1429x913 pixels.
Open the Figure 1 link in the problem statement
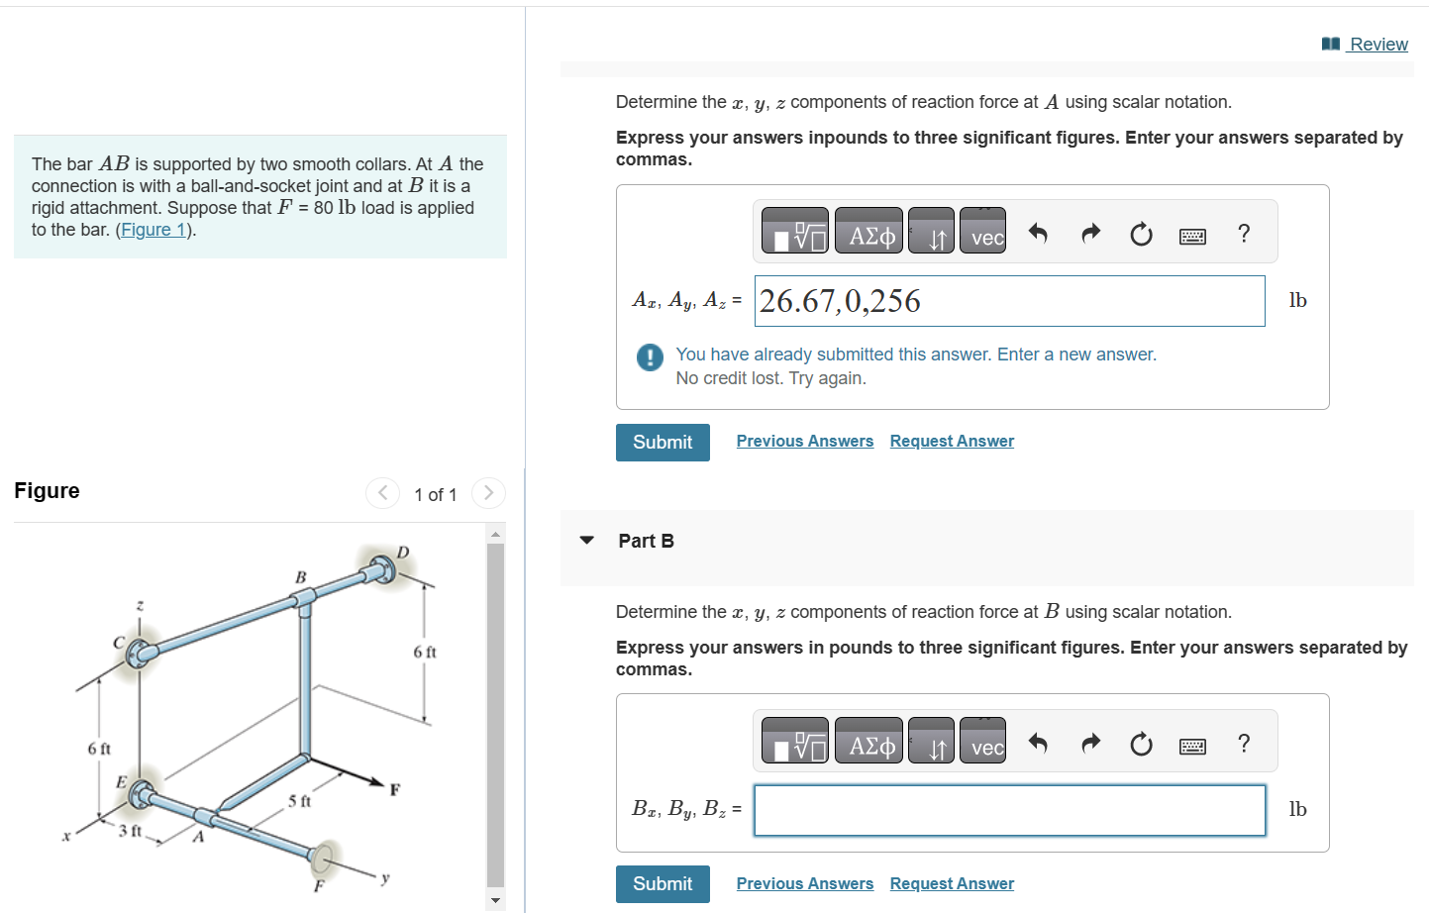coord(153,230)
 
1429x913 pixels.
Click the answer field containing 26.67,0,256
coord(1009,301)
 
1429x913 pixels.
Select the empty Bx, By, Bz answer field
coord(1009,810)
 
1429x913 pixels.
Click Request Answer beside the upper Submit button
coord(951,442)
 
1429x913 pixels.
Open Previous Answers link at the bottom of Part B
coord(804,883)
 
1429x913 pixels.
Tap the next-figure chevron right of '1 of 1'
coord(488,493)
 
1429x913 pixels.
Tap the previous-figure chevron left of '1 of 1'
coord(382,493)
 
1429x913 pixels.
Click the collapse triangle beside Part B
coord(587,541)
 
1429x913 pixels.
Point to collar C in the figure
coord(141,652)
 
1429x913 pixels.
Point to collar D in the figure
coord(379,569)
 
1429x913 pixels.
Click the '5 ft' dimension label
coord(299,801)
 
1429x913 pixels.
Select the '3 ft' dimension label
coord(130,831)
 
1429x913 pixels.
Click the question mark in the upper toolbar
coord(1244,234)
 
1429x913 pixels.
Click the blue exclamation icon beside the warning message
coord(650,356)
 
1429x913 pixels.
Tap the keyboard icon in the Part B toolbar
coord(1192,746)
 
